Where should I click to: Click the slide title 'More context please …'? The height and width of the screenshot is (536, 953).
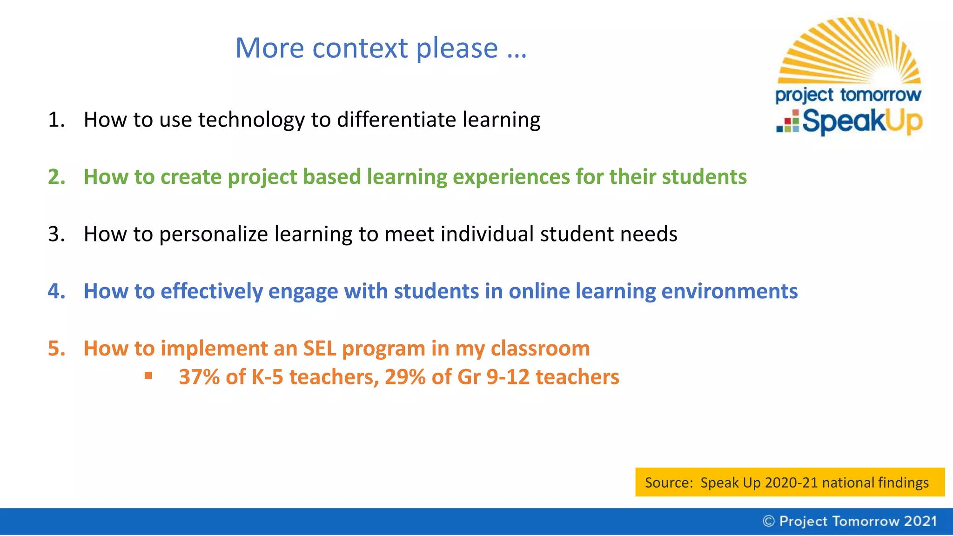coord(381,48)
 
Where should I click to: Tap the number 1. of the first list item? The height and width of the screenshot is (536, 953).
coord(56,120)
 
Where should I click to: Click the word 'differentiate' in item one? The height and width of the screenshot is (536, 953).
coord(396,120)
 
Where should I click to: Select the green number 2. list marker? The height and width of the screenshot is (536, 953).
coord(56,177)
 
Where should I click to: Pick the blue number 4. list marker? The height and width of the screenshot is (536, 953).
coord(56,292)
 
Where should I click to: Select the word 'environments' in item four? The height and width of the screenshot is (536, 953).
coord(729,292)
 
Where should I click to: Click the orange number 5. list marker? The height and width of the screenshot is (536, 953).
coord(56,349)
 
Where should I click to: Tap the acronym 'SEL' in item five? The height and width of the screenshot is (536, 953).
coord(319,349)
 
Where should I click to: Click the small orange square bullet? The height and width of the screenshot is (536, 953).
coord(148,375)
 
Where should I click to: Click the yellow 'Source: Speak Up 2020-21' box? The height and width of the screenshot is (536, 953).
coord(790,482)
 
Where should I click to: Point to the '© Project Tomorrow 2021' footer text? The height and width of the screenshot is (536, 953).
coord(850,521)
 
